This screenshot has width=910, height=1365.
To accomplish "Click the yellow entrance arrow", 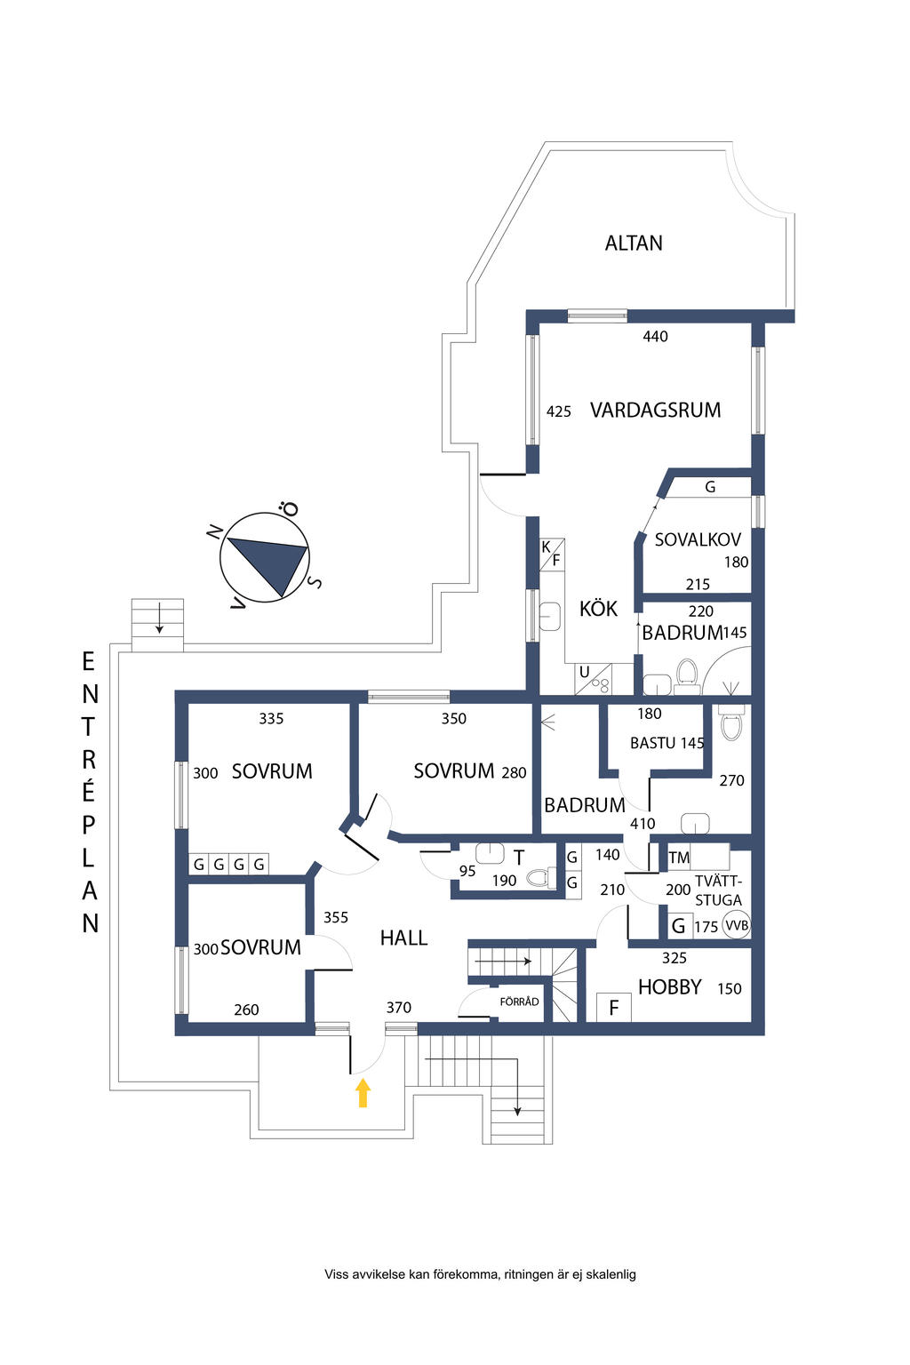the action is pyautogui.click(x=363, y=1092).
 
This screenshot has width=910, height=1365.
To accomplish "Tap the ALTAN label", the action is pyautogui.click(x=634, y=243).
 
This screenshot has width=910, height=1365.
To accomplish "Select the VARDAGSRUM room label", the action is pyautogui.click(x=655, y=410).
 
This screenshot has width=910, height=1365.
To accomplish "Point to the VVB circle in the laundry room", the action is pyautogui.click(x=737, y=926).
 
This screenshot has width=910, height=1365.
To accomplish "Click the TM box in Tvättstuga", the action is pyautogui.click(x=679, y=858).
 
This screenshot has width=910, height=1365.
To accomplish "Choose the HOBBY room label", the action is pyautogui.click(x=670, y=986).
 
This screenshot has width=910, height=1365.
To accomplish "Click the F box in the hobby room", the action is pyautogui.click(x=614, y=1007).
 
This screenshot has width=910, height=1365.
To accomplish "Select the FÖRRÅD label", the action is pyautogui.click(x=519, y=1002).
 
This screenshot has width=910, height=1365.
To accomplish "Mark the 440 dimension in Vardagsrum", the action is pyautogui.click(x=655, y=337).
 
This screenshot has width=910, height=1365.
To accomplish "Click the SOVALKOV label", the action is pyautogui.click(x=698, y=539).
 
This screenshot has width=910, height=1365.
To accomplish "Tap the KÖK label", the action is pyautogui.click(x=598, y=608).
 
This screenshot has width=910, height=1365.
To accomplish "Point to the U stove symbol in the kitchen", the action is pyautogui.click(x=594, y=679).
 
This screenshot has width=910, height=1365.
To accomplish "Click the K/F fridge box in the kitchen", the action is pyautogui.click(x=552, y=554).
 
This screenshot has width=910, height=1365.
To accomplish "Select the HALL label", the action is pyautogui.click(x=403, y=938).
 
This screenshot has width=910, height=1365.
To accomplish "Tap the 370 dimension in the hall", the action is pyautogui.click(x=399, y=1007).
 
